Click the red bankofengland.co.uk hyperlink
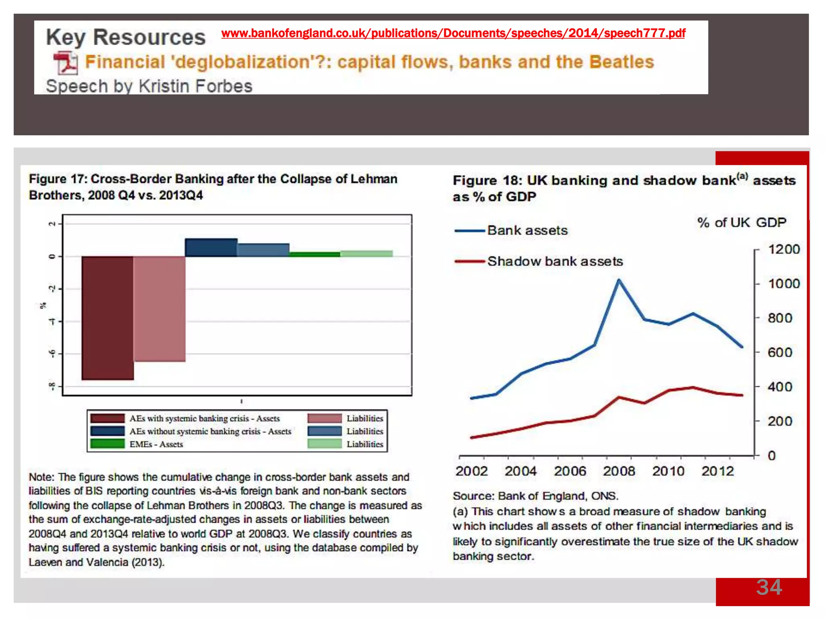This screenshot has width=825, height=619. (453, 33)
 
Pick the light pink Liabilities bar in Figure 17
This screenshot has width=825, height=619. (160, 309)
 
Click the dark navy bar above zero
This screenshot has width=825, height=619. (211, 247)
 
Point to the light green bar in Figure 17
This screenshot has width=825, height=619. (367, 253)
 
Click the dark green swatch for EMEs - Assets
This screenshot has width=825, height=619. (108, 444)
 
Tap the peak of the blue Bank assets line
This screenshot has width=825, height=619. (619, 280)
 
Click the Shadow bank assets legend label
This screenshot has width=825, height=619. (555, 261)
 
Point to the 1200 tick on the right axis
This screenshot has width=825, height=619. (784, 249)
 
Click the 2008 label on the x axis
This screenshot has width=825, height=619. (619, 471)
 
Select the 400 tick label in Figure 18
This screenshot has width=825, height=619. (780, 387)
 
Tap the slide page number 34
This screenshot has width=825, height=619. (769, 587)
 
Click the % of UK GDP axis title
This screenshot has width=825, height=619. (742, 222)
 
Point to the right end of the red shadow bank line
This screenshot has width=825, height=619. (742, 395)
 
